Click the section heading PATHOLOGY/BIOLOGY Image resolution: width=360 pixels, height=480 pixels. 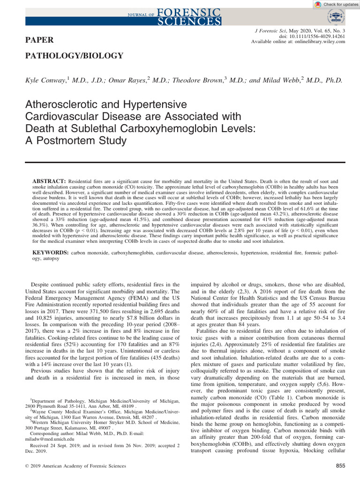[74, 56]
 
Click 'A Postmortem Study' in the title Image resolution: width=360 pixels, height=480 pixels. [75, 140]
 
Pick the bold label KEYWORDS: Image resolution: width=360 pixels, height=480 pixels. [50, 253]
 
